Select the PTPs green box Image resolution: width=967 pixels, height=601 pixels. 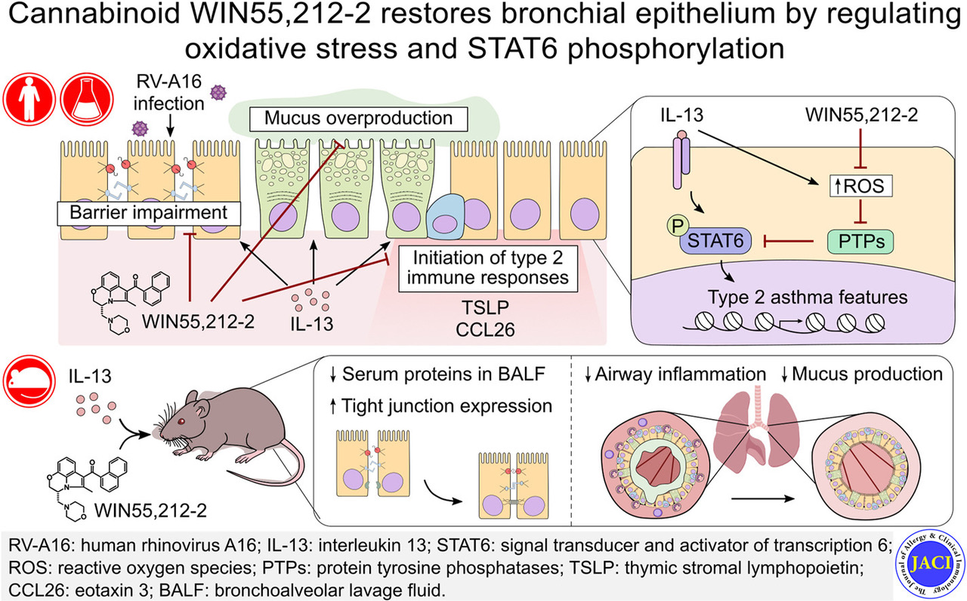(841, 242)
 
